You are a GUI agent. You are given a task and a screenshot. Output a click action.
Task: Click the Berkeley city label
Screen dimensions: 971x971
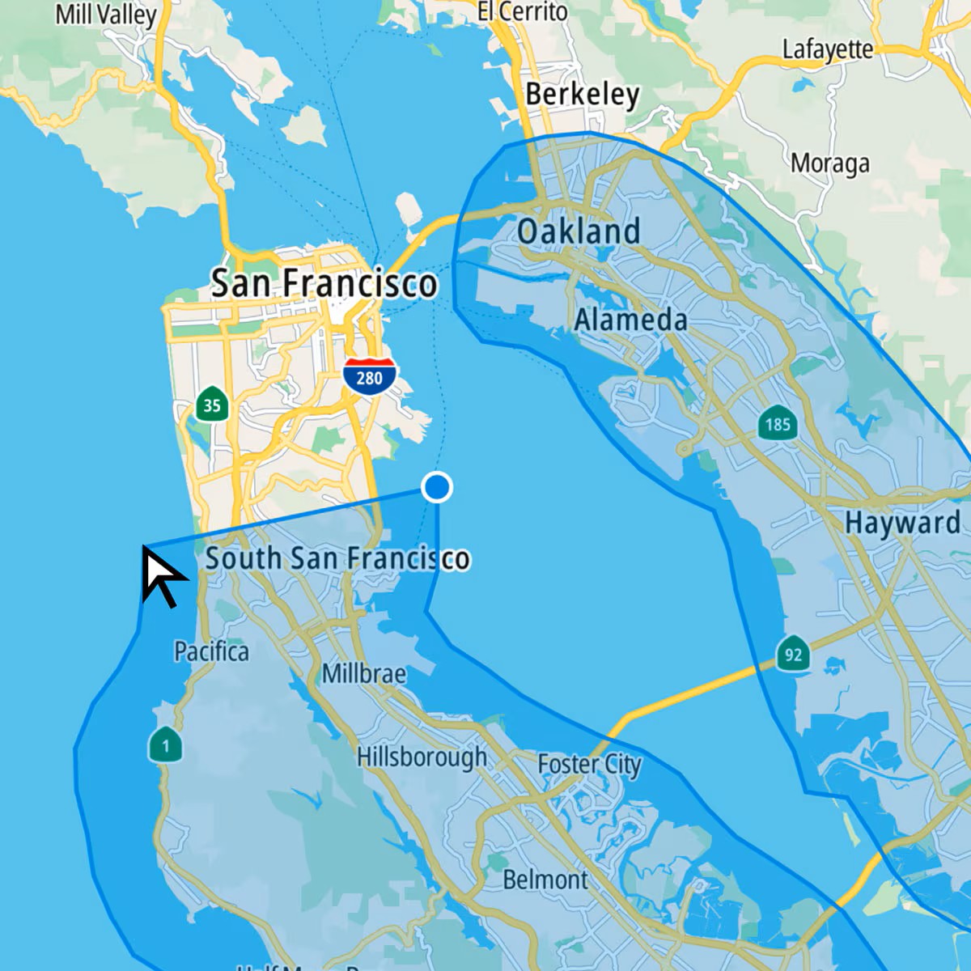582,95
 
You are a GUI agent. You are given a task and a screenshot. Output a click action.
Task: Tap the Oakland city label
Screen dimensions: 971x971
579,231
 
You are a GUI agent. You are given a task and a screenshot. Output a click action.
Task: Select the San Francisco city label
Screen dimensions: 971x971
324,284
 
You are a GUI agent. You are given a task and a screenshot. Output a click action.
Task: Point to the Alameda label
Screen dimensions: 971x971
630,320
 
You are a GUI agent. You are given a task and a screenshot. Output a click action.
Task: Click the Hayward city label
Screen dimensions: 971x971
902,523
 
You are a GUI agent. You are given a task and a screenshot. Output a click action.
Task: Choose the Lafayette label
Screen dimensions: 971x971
827,49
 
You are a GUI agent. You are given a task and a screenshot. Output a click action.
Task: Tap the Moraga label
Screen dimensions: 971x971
829,163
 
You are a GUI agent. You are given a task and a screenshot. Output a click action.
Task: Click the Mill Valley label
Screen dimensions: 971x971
105,15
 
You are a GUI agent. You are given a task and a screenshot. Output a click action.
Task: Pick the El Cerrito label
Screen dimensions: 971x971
522,11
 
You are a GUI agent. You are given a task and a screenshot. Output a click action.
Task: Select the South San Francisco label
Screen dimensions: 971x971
337,558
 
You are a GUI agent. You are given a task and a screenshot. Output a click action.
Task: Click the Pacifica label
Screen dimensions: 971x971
211,651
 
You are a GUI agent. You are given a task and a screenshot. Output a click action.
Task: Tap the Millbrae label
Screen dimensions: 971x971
364,673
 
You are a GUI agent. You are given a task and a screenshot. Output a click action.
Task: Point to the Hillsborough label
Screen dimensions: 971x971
422,757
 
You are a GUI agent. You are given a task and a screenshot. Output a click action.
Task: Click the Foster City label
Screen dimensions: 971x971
589,764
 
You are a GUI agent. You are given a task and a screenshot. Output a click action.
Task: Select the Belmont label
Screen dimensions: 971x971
545,880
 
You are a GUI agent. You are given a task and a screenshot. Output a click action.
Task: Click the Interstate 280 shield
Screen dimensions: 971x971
369,376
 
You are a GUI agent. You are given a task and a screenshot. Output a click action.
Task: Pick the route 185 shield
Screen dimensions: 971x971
777,423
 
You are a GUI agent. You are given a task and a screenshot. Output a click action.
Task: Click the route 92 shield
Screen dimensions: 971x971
793,654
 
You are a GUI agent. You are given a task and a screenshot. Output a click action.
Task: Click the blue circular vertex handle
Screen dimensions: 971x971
437,487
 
